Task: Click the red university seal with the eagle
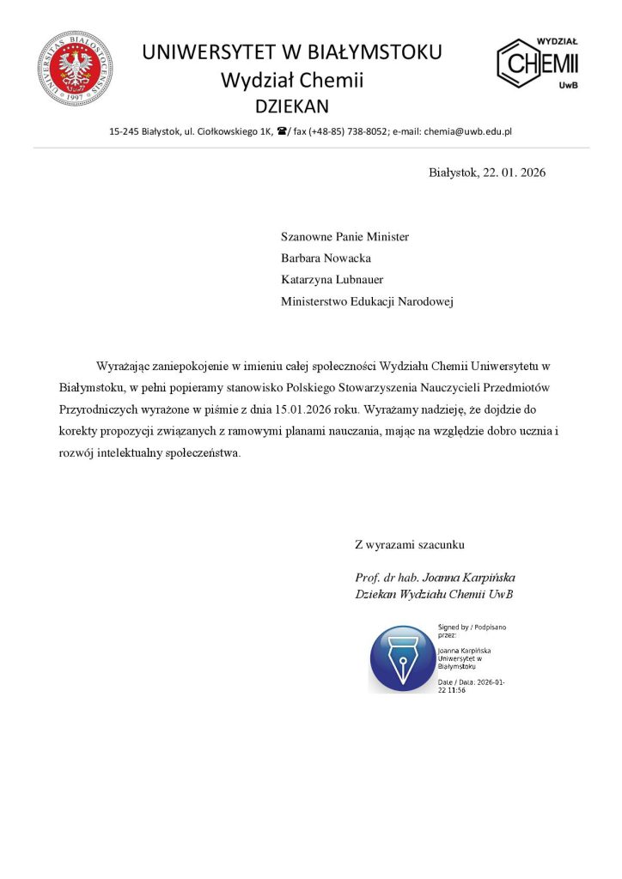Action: click(76, 69)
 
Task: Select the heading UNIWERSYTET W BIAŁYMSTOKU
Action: click(292, 52)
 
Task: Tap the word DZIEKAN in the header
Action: click(292, 106)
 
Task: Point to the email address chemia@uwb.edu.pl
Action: click(468, 131)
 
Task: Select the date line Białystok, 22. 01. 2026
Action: click(487, 173)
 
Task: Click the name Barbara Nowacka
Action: click(326, 258)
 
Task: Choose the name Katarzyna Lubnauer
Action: click(332, 279)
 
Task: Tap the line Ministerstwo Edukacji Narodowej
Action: click(367, 301)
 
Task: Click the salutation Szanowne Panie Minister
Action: click(345, 236)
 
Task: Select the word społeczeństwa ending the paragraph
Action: click(204, 452)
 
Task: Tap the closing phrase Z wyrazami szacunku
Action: click(410, 544)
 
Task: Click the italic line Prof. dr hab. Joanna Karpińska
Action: click(435, 577)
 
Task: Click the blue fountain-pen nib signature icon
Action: click(402, 659)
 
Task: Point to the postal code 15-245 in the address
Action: click(125, 131)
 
